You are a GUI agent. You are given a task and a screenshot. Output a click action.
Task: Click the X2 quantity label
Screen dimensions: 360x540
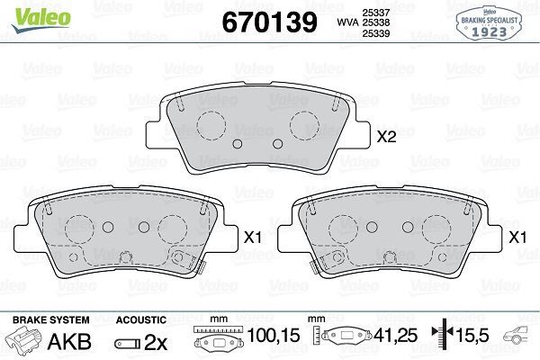click(386, 138)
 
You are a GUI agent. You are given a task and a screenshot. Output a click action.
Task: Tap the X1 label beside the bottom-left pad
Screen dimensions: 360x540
click(253, 238)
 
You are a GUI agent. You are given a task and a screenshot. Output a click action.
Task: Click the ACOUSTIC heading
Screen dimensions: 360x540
click(141, 319)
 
